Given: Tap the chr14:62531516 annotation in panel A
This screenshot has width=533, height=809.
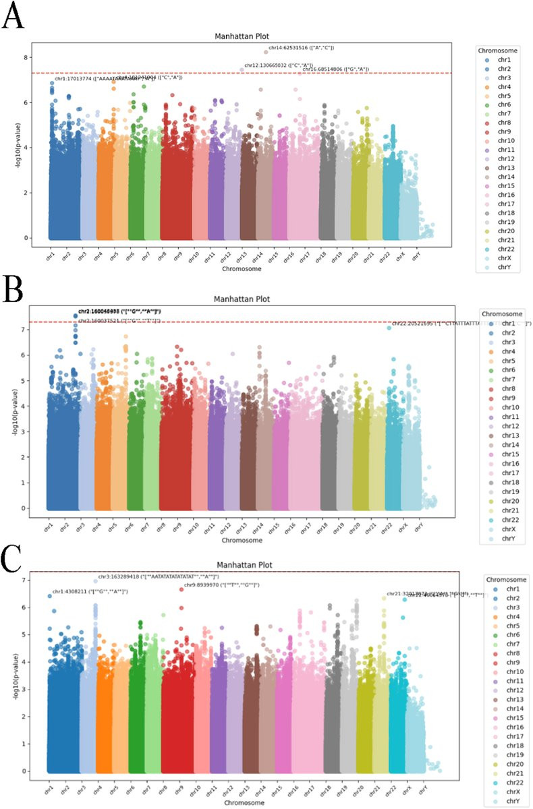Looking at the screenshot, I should [302, 48].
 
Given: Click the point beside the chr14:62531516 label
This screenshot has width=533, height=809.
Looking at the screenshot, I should [266, 52].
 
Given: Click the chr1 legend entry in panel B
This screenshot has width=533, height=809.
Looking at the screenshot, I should [502, 324].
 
